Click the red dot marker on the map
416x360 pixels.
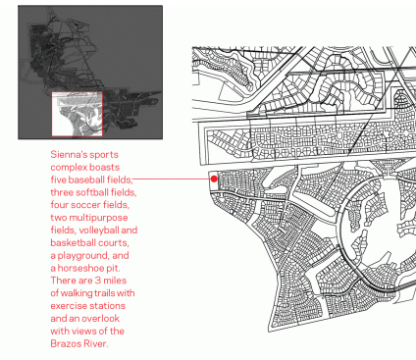point(214,179)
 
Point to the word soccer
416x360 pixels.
point(85,205)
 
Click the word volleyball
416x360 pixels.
point(99,231)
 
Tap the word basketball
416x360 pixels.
point(70,242)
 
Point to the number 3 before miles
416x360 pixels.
point(98,281)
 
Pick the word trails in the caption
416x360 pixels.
point(105,293)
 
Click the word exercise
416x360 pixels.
point(68,306)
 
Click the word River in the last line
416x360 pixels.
point(95,343)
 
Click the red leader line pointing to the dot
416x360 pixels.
point(172,179)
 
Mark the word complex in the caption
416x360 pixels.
point(69,168)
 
